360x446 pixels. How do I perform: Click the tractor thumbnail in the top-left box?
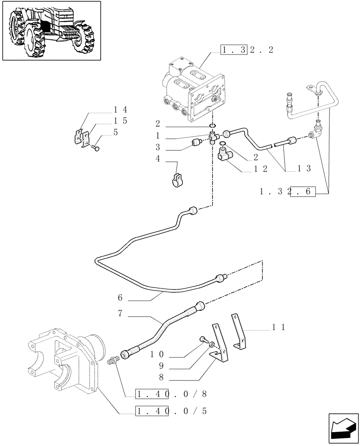pos(51,30)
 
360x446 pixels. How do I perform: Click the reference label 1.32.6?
pos(287,192)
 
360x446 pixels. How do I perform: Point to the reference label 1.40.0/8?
pos(172,394)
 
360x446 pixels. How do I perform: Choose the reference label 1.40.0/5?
pos(172,410)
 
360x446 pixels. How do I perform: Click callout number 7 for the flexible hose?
pos(120,314)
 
